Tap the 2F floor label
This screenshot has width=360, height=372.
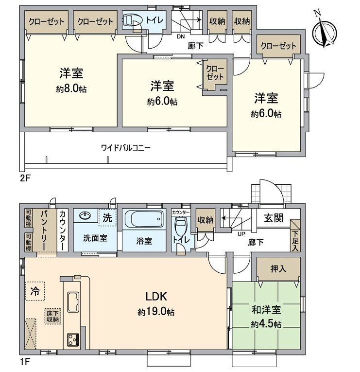click(x=25, y=178)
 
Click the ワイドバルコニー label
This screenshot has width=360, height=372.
click(x=125, y=147)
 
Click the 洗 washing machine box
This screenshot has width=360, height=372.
click(x=107, y=217)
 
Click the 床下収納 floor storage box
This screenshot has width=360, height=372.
click(x=53, y=317)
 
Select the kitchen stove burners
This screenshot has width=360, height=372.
click(x=73, y=338)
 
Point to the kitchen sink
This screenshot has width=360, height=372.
click(x=74, y=302)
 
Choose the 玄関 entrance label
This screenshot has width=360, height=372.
click(x=274, y=217)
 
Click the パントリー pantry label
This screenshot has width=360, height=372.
click(x=43, y=229)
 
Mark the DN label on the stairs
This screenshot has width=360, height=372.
click(x=180, y=36)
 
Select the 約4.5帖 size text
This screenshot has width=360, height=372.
click(x=266, y=324)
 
